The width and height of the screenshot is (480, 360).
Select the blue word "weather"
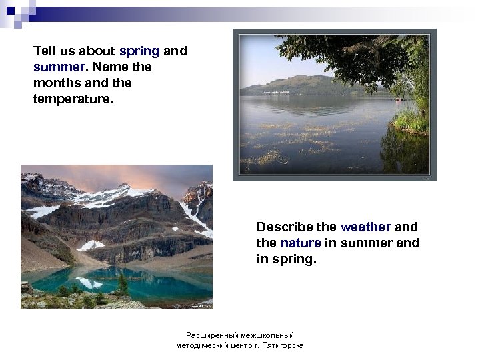[366, 227]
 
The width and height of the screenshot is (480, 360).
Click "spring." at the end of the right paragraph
[293, 259]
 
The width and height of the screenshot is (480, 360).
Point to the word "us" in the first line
[69, 51]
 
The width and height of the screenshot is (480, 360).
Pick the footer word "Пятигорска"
[283, 345]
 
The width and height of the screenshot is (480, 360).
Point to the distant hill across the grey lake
[300, 85]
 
